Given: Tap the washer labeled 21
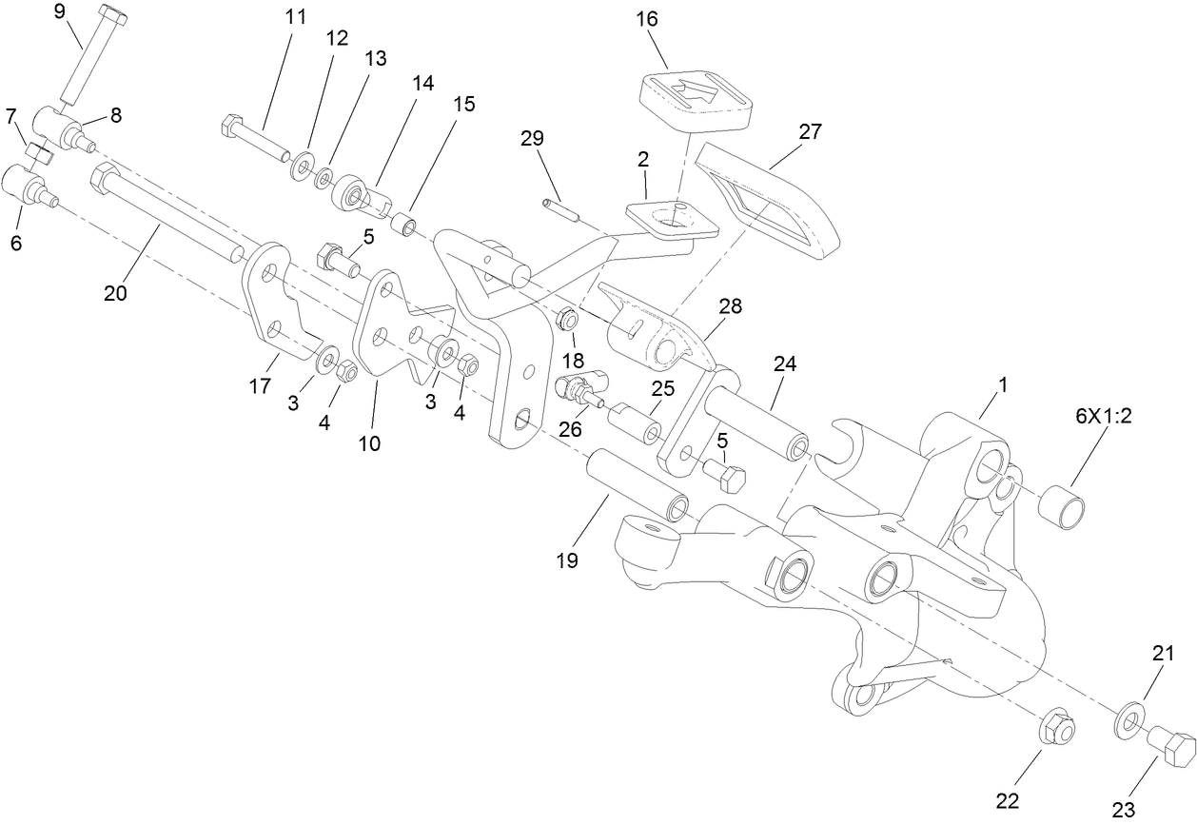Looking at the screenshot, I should (x=1128, y=721).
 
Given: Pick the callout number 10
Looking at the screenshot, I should (x=369, y=442).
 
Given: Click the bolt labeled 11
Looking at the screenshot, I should (x=257, y=137).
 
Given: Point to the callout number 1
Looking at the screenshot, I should (x=1002, y=384).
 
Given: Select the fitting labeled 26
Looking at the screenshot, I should (x=576, y=388).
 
